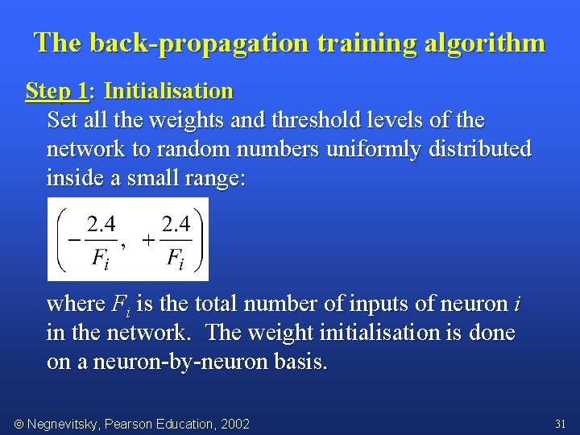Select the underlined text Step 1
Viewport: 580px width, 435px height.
(56, 91)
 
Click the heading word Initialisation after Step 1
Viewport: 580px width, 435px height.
(168, 91)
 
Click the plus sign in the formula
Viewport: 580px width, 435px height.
(148, 239)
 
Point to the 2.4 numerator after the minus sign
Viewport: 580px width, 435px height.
(101, 223)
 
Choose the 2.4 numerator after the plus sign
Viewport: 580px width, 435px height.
(176, 223)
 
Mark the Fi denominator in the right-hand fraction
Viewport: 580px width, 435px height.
(176, 259)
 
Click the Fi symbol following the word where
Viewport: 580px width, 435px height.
(118, 304)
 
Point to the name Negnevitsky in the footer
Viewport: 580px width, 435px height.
(63, 424)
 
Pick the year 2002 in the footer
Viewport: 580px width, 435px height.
(235, 424)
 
